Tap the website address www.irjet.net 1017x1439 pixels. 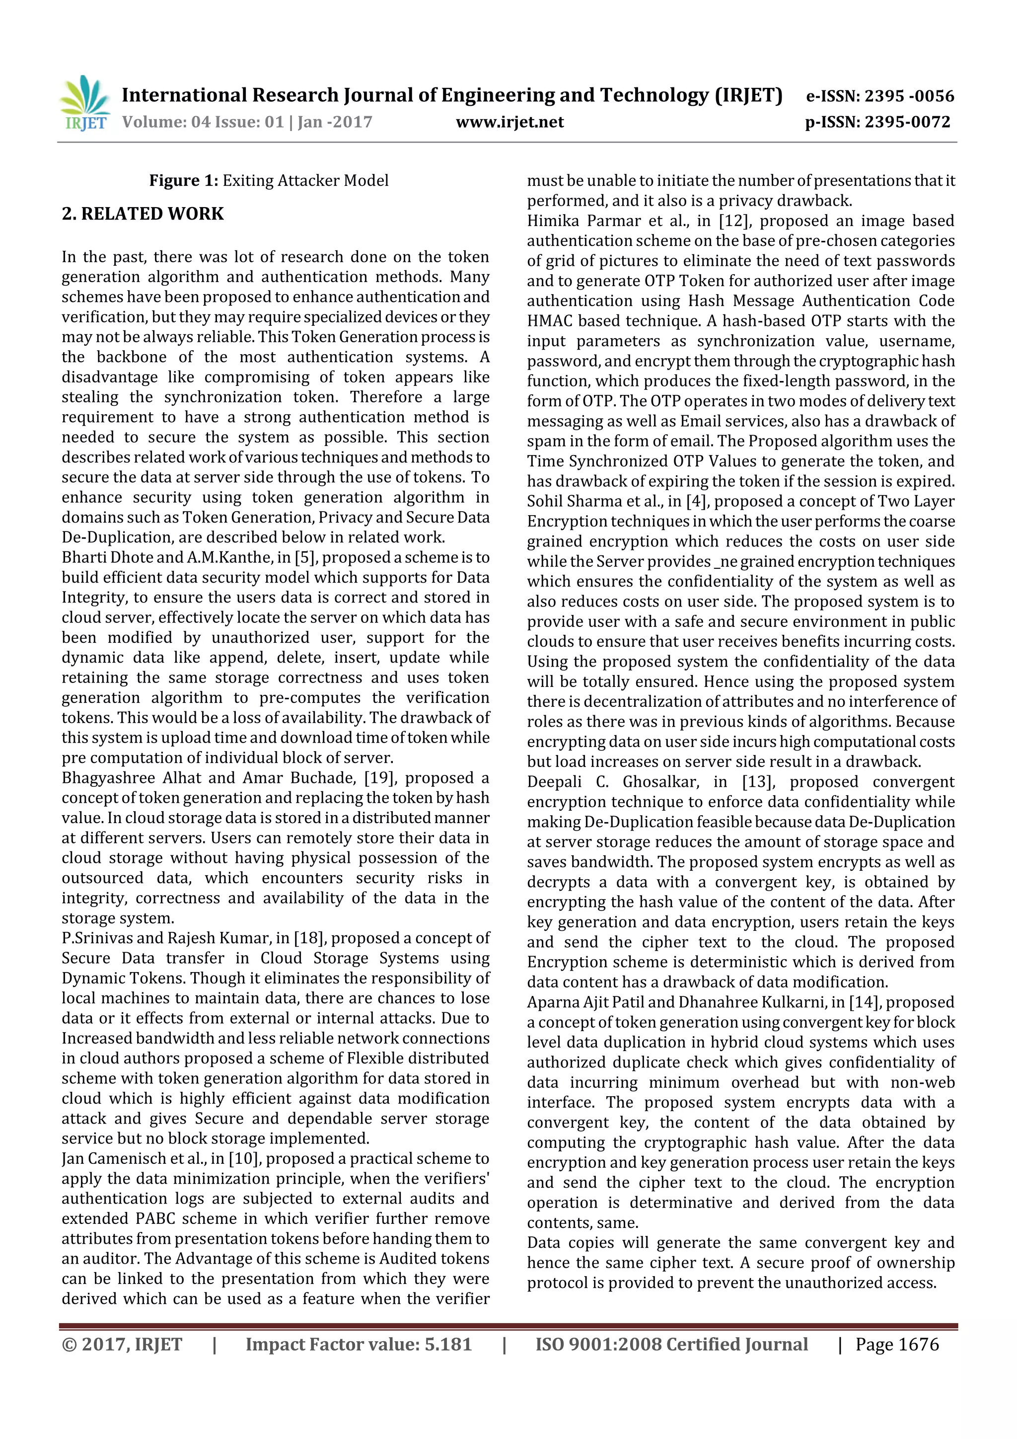click(x=509, y=122)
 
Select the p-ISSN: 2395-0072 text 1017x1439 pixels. click(x=877, y=122)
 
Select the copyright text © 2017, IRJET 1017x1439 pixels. click(x=122, y=1344)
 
